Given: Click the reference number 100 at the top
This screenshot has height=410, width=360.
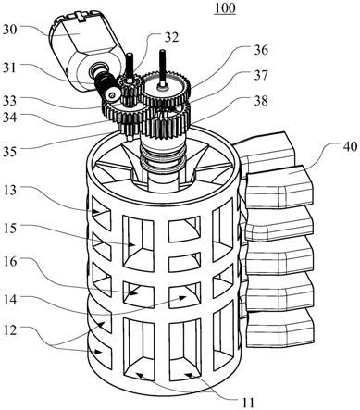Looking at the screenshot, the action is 225,8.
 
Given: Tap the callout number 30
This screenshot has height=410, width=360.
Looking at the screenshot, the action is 10,30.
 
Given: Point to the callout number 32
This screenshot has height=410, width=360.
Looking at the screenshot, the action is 171,37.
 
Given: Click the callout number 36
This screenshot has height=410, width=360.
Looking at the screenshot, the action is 261,50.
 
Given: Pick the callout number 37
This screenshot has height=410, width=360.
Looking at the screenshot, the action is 261,75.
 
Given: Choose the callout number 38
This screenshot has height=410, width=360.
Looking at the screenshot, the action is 261,101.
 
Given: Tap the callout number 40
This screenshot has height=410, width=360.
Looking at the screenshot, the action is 350,146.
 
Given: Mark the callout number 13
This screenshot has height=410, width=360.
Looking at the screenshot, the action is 10,190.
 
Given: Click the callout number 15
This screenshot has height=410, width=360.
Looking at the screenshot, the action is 10,229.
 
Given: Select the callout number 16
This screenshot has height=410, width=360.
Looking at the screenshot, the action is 10,262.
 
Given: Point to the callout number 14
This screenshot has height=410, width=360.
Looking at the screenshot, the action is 10,300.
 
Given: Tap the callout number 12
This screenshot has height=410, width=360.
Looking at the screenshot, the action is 10,330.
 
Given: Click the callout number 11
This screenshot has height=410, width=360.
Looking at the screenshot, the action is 248,403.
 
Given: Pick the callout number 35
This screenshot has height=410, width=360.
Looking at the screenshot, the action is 10,152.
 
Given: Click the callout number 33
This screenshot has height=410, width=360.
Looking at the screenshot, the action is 10,100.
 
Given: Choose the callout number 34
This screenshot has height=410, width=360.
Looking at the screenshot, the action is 10,118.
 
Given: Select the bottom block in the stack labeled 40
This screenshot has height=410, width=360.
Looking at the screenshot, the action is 280,328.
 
